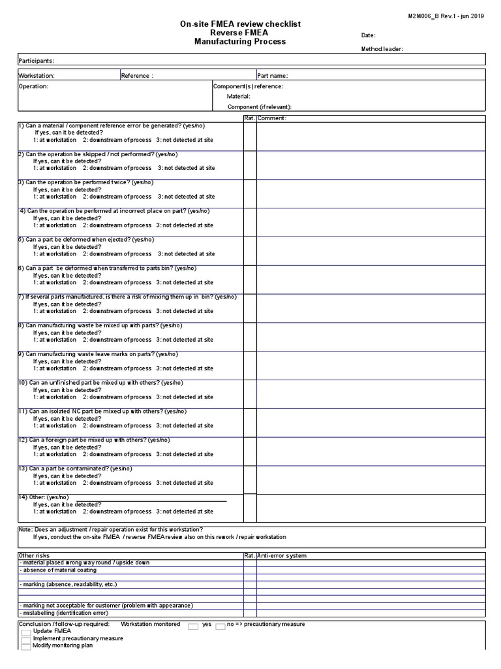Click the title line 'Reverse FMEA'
tap(239, 33)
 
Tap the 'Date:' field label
tap(369, 35)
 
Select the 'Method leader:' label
tap(382, 49)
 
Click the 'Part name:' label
tap(273, 76)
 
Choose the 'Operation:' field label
tap(33, 86)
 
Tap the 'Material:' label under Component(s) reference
tap(238, 97)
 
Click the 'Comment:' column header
tap(273, 118)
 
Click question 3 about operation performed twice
tap(87, 183)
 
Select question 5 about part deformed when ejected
tap(87, 240)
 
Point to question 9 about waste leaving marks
tap(98, 354)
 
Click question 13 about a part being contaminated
tap(76, 468)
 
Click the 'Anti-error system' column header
tap(282, 556)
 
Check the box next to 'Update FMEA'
tap(25, 632)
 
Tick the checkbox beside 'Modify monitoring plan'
tap(25, 646)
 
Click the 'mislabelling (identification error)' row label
tap(63, 613)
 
